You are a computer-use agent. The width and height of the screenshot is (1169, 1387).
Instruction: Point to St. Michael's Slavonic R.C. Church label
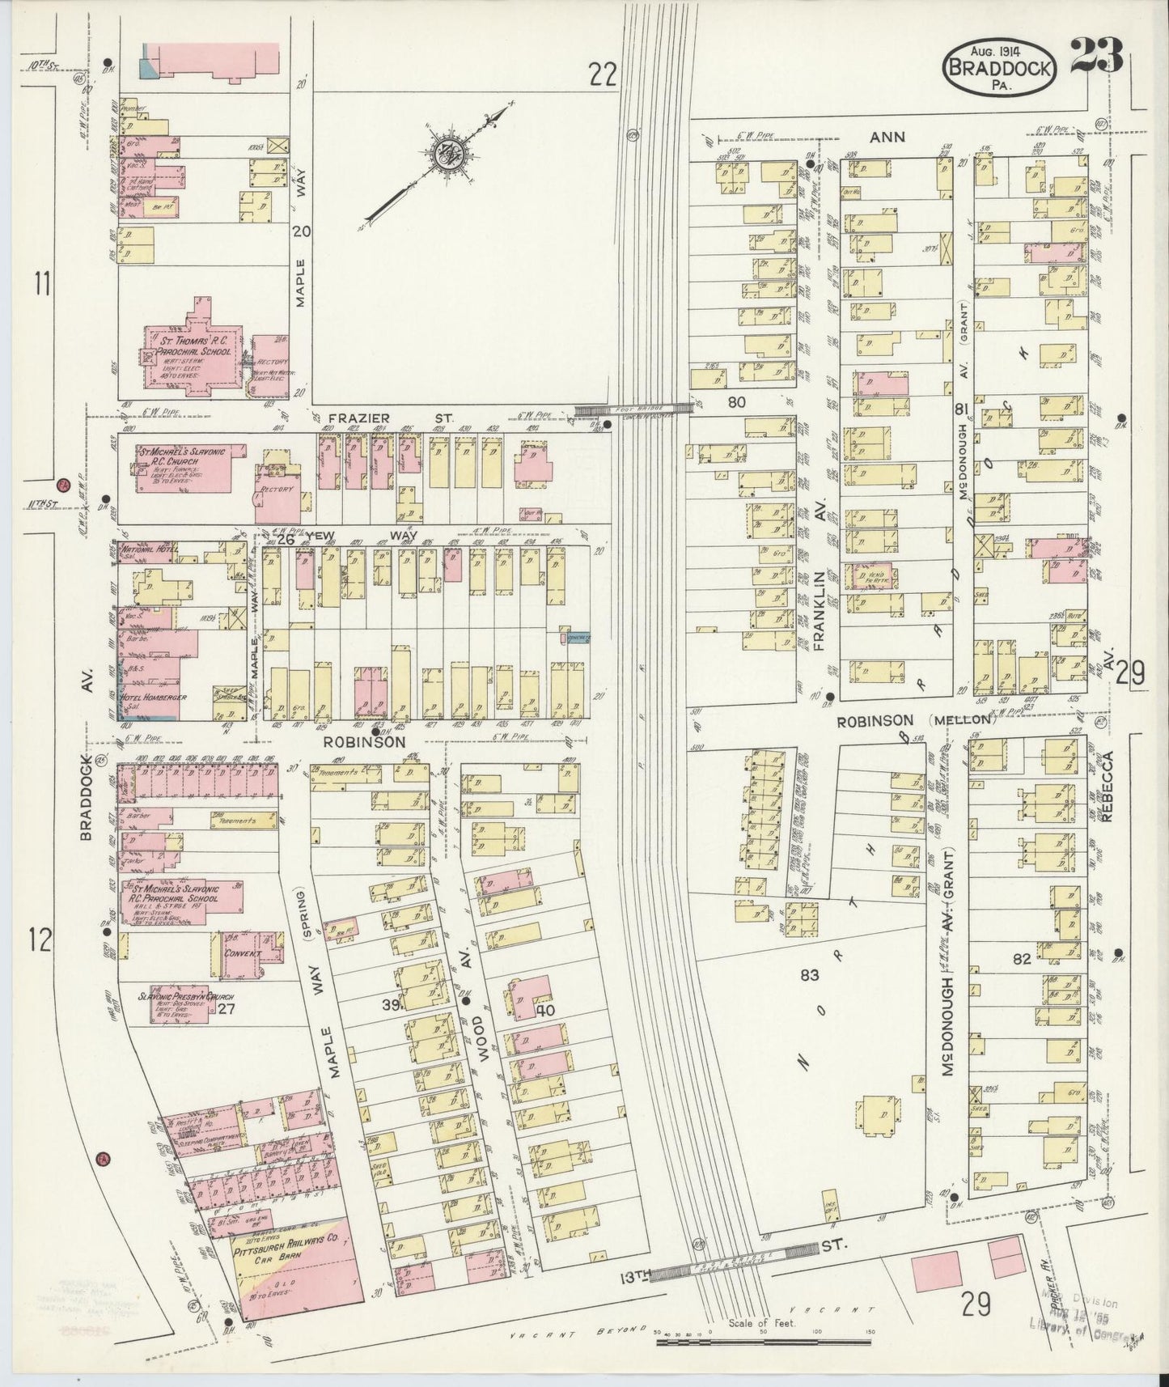[182, 456]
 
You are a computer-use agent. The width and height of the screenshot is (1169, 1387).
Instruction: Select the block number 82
[1021, 960]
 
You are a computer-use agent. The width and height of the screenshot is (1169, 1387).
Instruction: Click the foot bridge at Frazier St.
[633, 410]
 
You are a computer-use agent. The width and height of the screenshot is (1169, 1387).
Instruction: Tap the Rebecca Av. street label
[1107, 786]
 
